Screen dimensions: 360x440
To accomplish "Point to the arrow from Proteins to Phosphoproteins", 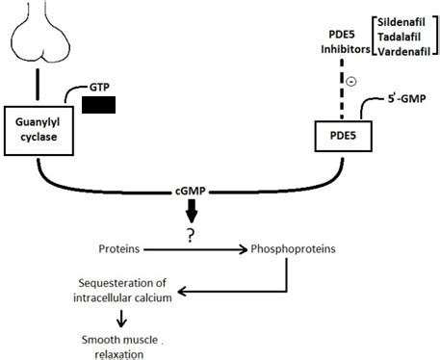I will (x=197, y=248).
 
